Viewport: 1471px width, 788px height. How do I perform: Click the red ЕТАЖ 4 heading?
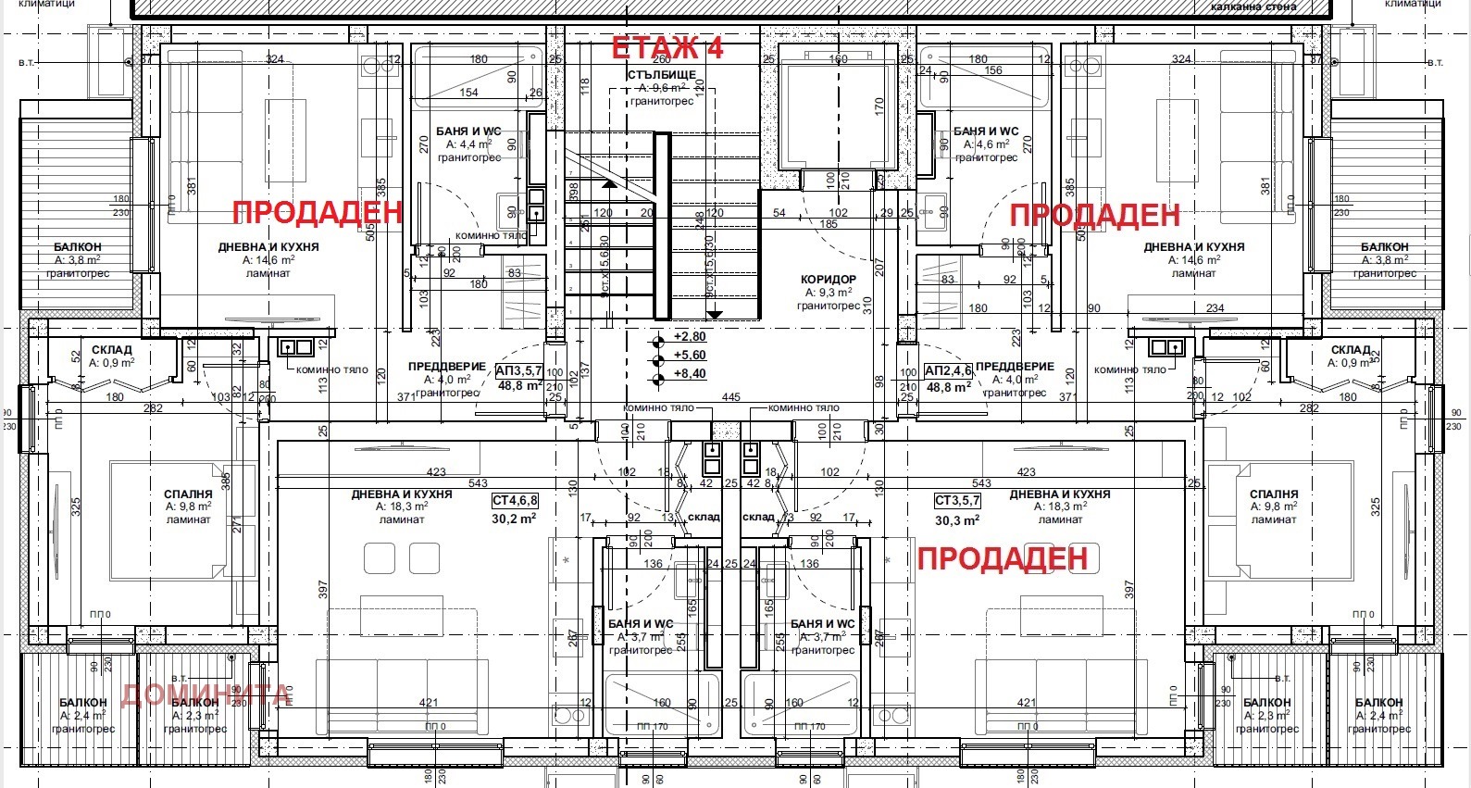(x=667, y=48)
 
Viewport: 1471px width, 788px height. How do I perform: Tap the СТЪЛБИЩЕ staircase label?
(x=662, y=75)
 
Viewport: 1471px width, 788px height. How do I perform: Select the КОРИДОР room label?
(x=828, y=279)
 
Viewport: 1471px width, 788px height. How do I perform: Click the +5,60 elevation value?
(x=690, y=356)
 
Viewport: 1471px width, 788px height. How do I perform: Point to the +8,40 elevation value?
(x=690, y=374)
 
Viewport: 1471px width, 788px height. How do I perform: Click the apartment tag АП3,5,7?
(x=519, y=371)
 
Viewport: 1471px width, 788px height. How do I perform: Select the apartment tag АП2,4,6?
(x=948, y=371)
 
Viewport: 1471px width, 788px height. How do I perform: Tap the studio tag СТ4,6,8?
(x=515, y=501)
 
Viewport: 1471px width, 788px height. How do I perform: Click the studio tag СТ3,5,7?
(x=957, y=501)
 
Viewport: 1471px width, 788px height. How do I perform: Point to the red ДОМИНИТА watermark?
(x=206, y=694)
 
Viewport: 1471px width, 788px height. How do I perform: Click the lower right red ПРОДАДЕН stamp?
(x=1002, y=558)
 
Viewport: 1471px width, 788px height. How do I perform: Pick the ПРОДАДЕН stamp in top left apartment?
(x=318, y=212)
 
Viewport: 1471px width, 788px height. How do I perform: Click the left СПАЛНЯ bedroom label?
(x=188, y=494)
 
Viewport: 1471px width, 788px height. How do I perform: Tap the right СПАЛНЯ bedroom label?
(x=1273, y=494)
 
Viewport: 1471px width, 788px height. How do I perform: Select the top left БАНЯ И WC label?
(x=468, y=131)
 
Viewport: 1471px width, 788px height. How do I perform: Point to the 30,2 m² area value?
(x=517, y=519)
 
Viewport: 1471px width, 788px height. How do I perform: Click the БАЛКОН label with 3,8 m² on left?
(x=78, y=247)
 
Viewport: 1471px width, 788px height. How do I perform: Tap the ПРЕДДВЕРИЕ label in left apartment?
(x=446, y=367)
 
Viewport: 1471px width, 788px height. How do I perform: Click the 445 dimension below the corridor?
(x=730, y=397)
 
